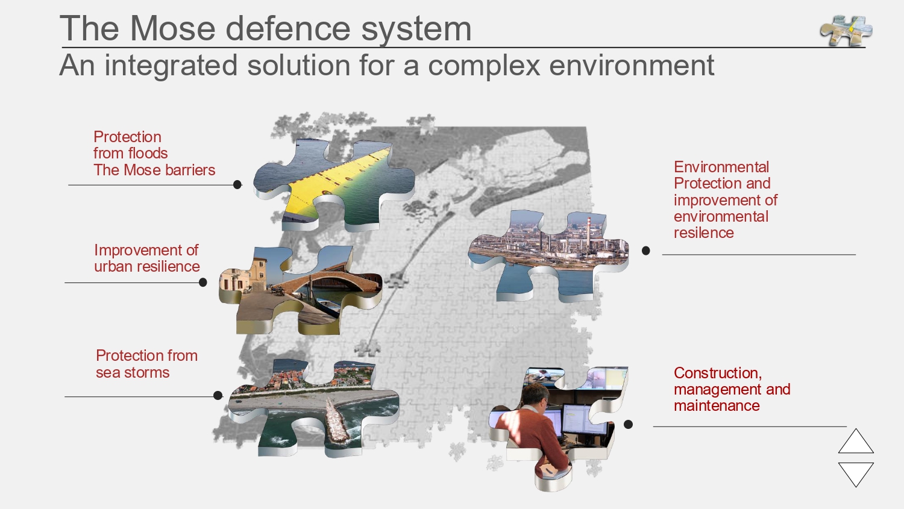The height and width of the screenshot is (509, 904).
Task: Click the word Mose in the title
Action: point(173,28)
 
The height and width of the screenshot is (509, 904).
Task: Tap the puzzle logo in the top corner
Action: point(846,31)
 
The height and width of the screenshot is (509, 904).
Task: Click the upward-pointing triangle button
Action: point(856,441)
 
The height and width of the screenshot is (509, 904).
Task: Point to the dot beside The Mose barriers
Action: point(237,185)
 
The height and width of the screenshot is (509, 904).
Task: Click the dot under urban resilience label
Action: point(203,283)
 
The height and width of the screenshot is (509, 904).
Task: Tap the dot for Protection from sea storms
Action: point(218,395)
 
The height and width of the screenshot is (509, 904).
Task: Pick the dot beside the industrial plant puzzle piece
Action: point(645,251)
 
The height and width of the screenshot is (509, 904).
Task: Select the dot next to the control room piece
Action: point(629,424)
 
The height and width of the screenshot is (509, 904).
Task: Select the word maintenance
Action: point(717,406)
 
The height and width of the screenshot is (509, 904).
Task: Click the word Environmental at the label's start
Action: point(721,167)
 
